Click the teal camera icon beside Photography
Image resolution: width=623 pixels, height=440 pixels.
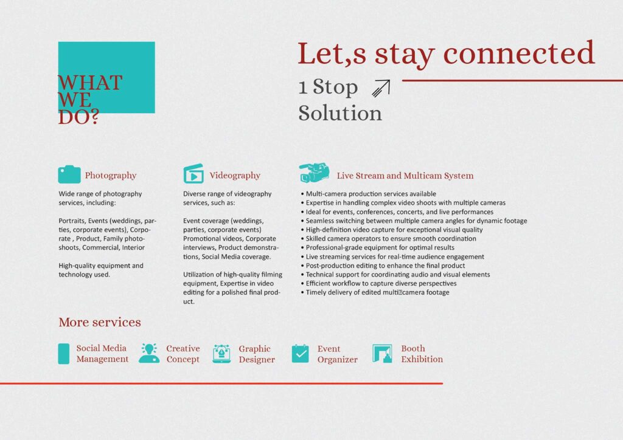69,174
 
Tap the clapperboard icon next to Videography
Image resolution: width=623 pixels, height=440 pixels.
193,174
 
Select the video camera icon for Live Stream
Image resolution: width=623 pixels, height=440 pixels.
314,173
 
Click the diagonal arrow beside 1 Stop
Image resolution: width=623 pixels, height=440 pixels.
381,88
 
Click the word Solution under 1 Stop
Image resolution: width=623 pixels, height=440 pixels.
340,114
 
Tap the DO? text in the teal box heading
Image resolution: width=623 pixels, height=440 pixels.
78,117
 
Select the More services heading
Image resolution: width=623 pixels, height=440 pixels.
100,322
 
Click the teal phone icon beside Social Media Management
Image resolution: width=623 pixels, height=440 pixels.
63,354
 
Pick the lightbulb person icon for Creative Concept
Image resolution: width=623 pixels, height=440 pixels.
149,353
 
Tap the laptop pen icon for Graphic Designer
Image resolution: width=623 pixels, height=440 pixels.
221,354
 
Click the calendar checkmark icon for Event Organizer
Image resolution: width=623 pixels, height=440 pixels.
300,354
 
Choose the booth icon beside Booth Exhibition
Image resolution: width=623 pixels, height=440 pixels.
382,354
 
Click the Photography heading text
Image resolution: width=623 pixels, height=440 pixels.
111,176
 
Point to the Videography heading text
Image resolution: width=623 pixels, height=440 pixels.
235,176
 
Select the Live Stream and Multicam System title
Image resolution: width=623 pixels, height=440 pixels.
405,176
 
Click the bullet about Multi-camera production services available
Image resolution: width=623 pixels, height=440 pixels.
368,194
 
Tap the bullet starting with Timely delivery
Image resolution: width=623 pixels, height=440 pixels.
375,292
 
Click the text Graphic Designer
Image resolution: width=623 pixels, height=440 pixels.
257,354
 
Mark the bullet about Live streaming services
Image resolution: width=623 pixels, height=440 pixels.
392,256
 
